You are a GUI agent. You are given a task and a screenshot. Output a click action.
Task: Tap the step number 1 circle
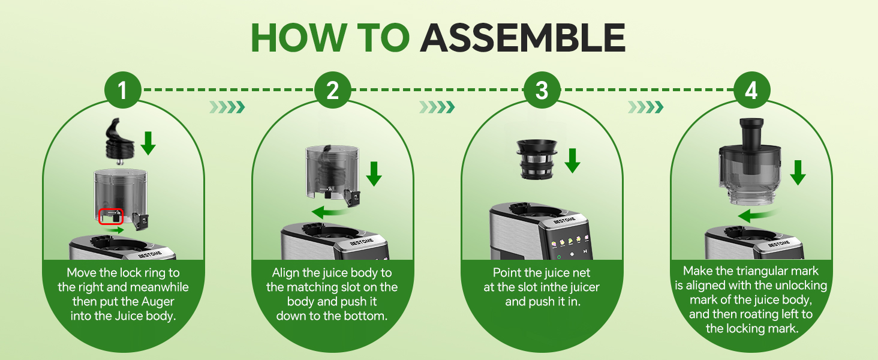122,91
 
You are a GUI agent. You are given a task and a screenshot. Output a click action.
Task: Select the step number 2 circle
332,91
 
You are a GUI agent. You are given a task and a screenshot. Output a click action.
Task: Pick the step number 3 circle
542,91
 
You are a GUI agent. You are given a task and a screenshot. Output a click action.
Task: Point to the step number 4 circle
751,91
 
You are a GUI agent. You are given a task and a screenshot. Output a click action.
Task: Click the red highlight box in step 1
110,215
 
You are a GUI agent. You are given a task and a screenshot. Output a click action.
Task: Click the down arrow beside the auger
148,143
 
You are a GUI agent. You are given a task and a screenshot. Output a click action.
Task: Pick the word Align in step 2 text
286,273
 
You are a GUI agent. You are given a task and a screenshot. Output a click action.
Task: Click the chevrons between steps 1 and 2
227,107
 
